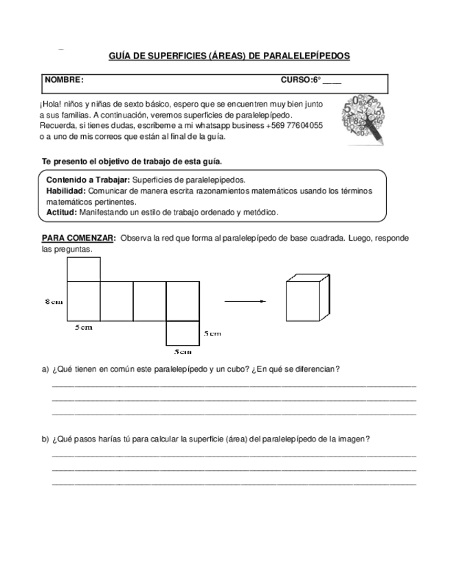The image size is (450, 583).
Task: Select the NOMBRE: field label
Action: pyautogui.click(x=64, y=80)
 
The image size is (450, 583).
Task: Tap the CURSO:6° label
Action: pyautogui.click(x=301, y=80)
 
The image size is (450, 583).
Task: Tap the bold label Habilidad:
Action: pyautogui.click(x=66, y=190)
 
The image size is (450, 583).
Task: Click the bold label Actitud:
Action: pyautogui.click(x=61, y=212)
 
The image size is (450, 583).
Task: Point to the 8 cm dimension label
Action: pyautogui.click(x=54, y=301)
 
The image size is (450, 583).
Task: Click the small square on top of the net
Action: pyautogui.click(x=84, y=269)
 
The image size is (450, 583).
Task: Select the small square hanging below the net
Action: pyautogui.click(x=183, y=333)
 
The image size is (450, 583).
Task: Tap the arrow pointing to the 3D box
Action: pyautogui.click(x=245, y=300)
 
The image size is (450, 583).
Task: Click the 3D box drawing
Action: pyautogui.click(x=306, y=298)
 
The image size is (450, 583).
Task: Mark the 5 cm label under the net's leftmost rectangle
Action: pyautogui.click(x=83, y=328)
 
